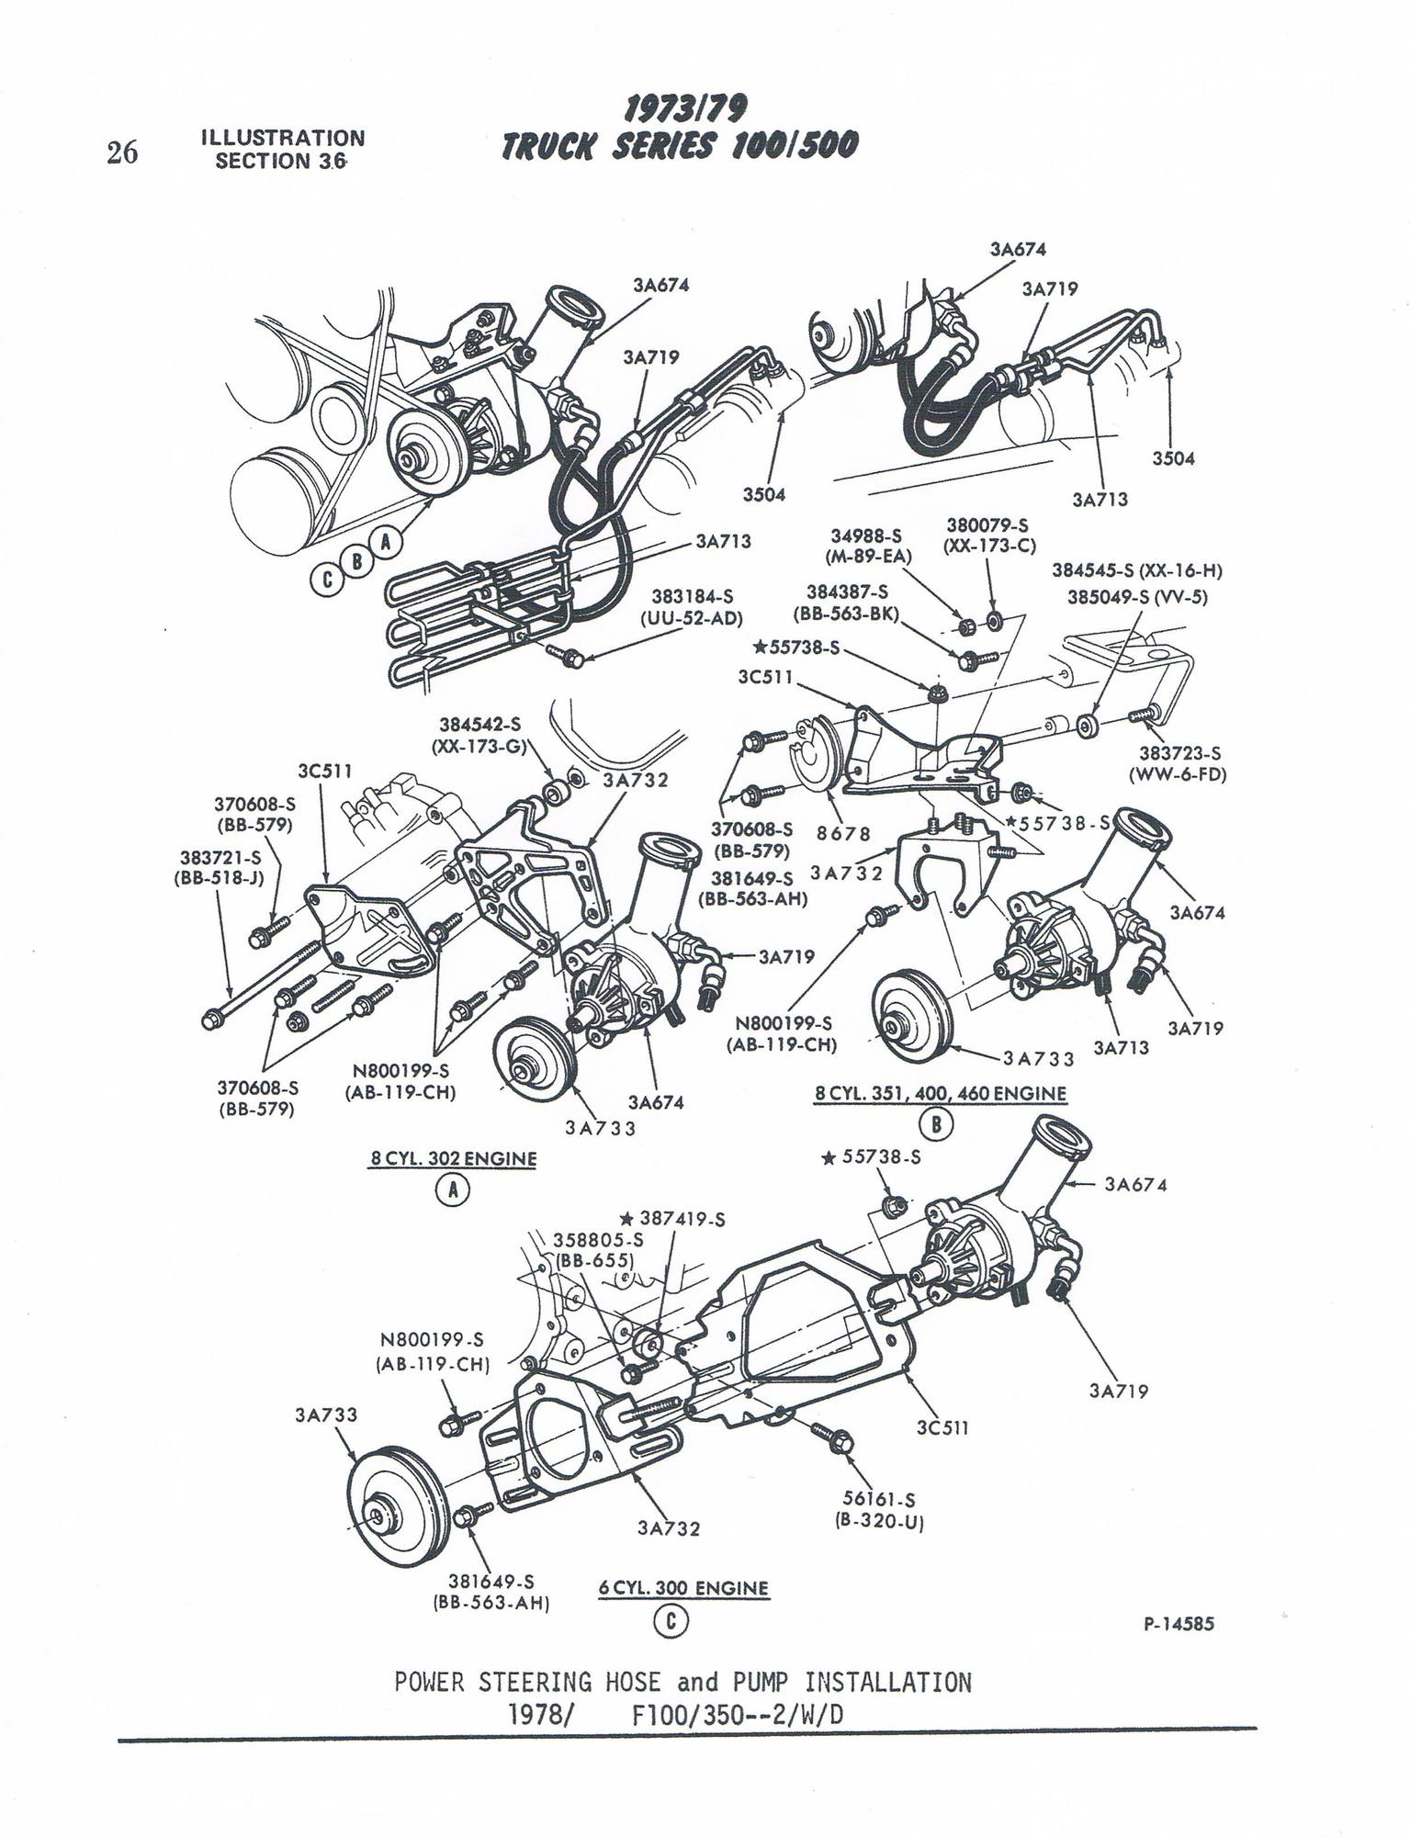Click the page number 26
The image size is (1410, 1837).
pos(122,152)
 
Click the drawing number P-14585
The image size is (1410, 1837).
pos(1179,1624)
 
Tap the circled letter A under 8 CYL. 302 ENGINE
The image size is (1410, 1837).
pos(452,1191)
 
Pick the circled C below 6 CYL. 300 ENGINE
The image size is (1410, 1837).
pos(671,1622)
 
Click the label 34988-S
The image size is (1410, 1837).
pos(865,535)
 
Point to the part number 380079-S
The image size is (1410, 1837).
pos(988,525)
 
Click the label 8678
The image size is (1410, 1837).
pos(842,833)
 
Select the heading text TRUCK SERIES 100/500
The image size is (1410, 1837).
pos(680,145)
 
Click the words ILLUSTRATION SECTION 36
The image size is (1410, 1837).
pos(282,150)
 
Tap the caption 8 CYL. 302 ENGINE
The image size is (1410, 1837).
pos(453,1158)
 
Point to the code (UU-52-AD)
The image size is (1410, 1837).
pos(691,618)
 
